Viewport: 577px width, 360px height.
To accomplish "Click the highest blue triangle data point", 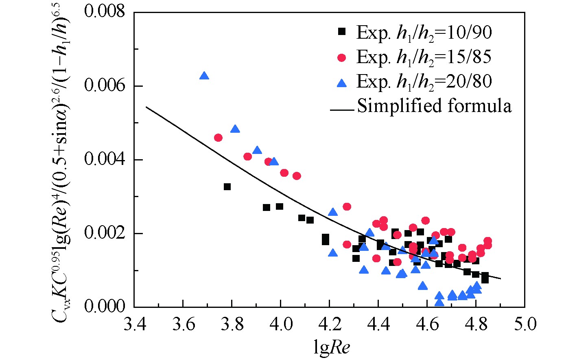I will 204,76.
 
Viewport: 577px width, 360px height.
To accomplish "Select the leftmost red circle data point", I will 218,138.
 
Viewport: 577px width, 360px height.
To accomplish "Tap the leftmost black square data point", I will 227,187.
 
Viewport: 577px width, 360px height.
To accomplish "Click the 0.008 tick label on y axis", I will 105,12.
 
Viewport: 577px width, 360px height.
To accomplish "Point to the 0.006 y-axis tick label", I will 105,86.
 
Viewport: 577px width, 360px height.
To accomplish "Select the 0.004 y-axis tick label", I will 105,159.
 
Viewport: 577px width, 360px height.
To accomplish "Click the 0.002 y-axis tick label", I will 105,233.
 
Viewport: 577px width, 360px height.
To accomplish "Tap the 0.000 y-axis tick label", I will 105,307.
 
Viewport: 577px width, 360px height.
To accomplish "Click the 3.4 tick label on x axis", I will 134,325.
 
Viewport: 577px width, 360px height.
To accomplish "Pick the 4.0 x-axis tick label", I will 281,325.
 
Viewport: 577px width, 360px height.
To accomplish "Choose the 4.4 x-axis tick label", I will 378,325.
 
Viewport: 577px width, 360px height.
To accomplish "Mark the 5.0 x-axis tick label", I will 525,325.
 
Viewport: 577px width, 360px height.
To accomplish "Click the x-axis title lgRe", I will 331,349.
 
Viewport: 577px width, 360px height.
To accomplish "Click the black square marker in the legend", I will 342,31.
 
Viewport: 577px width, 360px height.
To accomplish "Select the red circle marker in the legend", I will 342,57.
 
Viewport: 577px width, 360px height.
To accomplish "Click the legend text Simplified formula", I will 434,106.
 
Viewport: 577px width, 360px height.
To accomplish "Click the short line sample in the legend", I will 342,109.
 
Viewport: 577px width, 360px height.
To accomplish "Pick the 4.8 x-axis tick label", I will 476,325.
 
